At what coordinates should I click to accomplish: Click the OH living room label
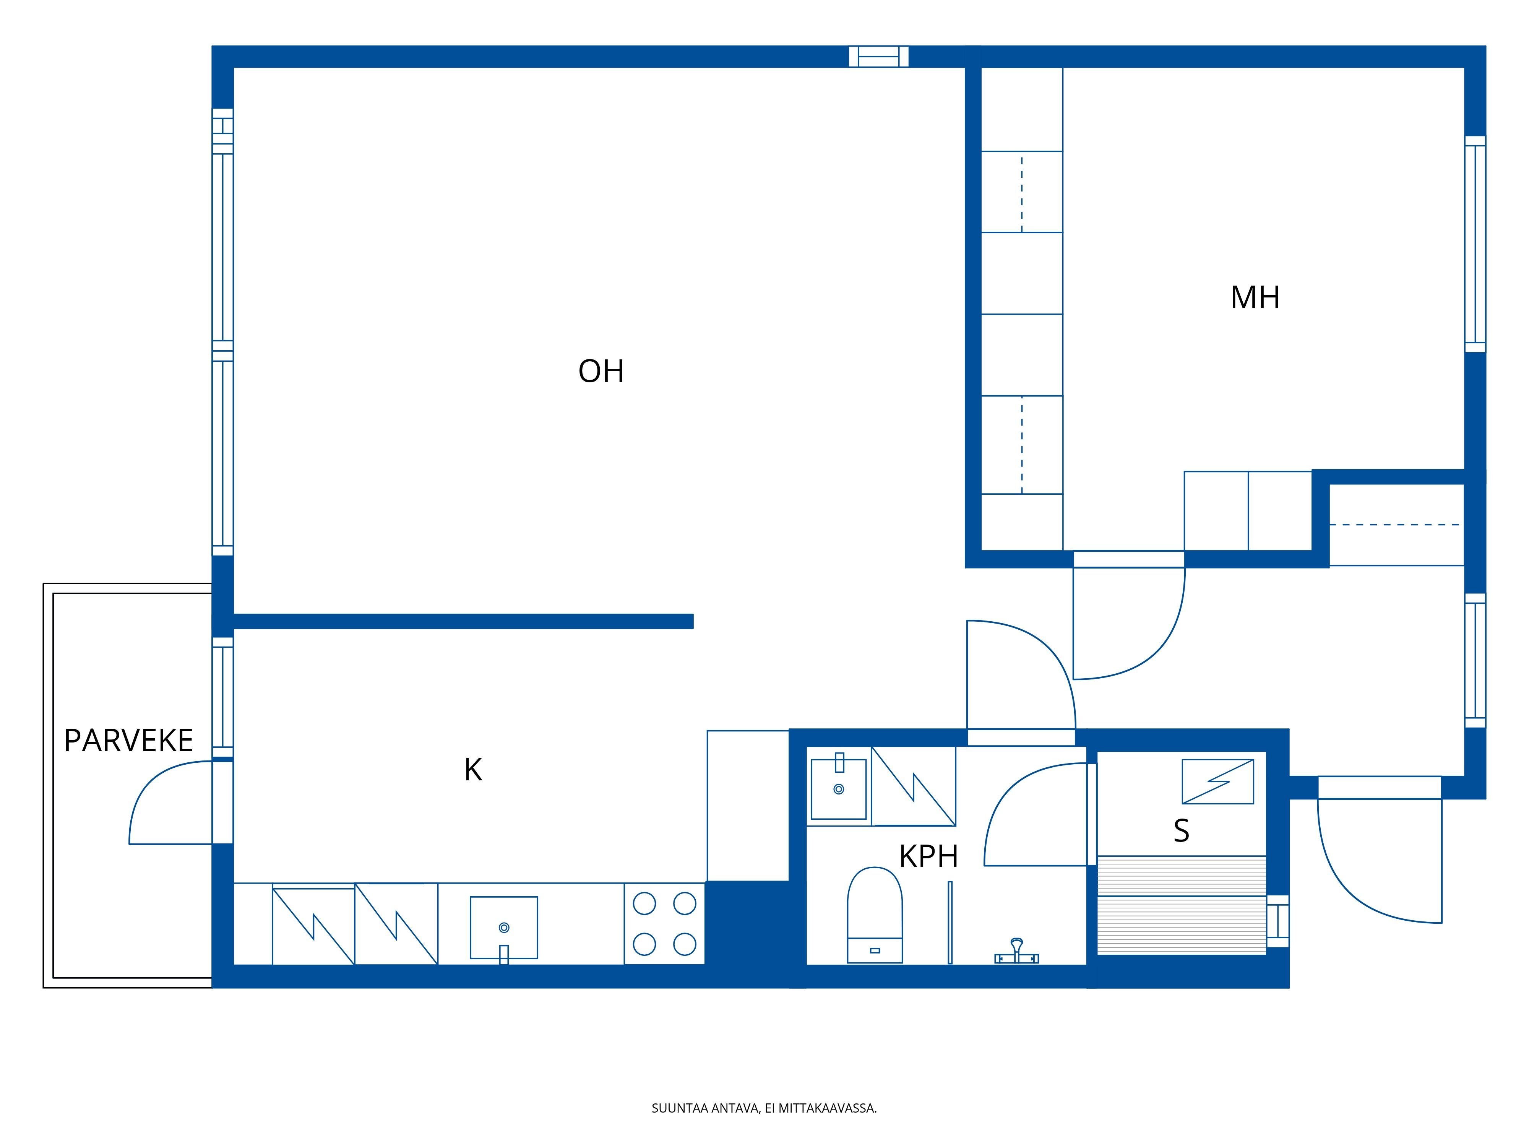[x=601, y=371]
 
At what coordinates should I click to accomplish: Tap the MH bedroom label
[x=1255, y=297]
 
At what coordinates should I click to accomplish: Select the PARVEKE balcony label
[x=128, y=741]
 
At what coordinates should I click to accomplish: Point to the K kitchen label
[x=473, y=770]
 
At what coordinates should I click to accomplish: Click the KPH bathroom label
[x=928, y=857]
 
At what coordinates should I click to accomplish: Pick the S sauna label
[x=1181, y=830]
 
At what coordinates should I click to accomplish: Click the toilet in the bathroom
[x=875, y=915]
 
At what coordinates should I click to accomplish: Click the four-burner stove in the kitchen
[x=664, y=924]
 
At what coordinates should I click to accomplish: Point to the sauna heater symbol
[x=1217, y=781]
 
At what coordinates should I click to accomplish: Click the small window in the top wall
[x=878, y=57]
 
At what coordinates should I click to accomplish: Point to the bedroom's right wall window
[x=1475, y=244]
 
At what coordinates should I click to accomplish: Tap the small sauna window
[x=1278, y=921]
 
